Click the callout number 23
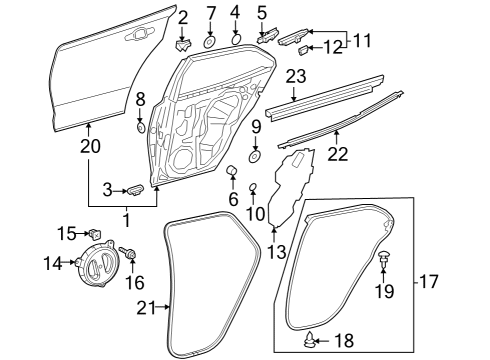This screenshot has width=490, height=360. (294, 76)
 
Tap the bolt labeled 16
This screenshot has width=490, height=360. (131, 256)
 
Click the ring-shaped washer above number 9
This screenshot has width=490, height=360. (254, 156)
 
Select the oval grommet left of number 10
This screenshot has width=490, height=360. (253, 186)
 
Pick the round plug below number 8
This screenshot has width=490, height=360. (140, 128)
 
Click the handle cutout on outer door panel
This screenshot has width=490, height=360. (134, 38)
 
